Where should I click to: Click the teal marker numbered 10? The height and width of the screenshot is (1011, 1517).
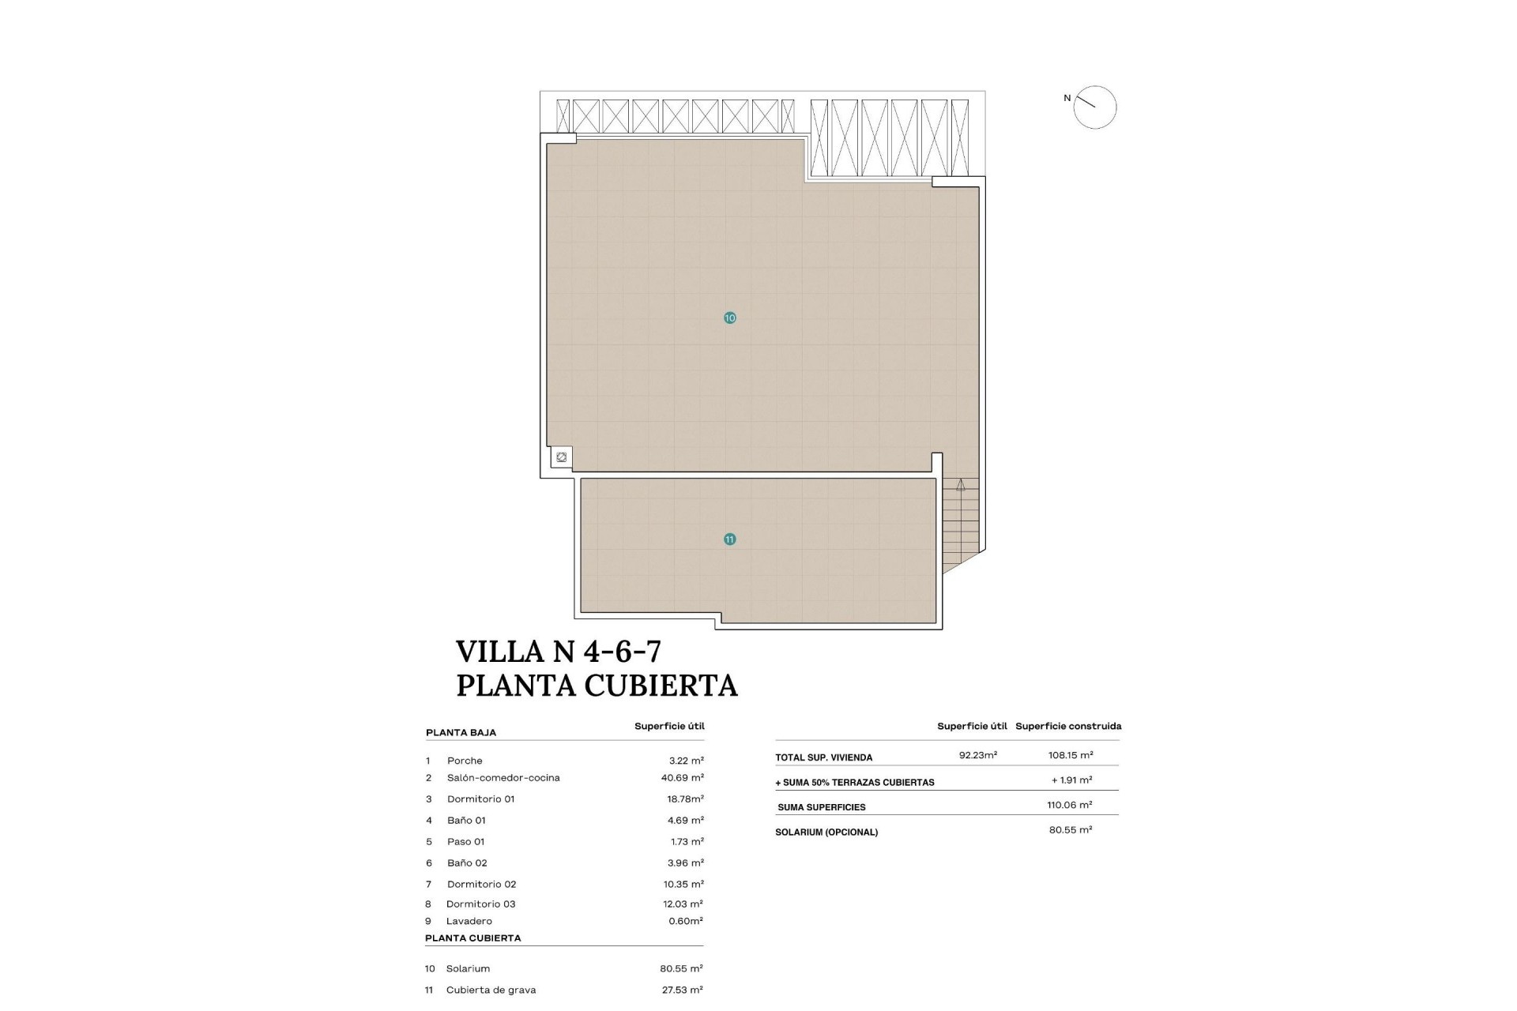pos(729,318)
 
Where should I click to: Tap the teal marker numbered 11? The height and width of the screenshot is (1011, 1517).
pos(729,539)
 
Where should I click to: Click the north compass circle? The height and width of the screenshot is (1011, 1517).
pos(1094,107)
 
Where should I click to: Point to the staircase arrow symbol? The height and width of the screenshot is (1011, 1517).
pos(961,486)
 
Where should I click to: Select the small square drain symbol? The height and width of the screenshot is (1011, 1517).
pos(561,457)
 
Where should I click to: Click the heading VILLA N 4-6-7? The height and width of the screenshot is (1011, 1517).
pos(559,652)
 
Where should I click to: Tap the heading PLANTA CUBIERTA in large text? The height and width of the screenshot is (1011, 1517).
pos(597,686)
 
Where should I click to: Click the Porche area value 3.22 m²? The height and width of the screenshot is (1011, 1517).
pos(686,761)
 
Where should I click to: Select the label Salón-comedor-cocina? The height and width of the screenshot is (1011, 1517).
pos(503,778)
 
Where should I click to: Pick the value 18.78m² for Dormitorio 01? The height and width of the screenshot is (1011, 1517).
pos(685,799)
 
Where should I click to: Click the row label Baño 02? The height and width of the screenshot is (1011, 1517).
pos(467,863)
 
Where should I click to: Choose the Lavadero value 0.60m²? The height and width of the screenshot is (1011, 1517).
pos(685,921)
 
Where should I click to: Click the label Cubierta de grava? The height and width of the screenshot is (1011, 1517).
pos(491,990)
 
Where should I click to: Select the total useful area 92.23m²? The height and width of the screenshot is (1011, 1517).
pos(977,755)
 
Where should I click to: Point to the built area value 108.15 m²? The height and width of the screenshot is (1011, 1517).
pos(1071,755)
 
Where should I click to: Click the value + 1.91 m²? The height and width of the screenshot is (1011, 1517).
pos(1071,780)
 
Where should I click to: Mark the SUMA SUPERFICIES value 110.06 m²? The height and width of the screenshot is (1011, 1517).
pos(1069,805)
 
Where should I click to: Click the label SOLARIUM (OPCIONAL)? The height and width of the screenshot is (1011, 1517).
pos(826,832)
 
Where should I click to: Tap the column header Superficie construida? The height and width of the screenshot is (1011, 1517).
pos(1068,726)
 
